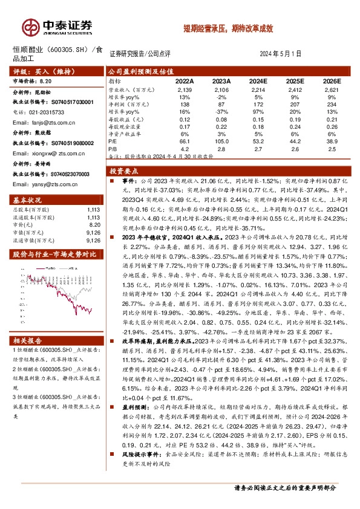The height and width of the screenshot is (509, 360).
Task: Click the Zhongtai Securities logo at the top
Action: (x=57, y=26)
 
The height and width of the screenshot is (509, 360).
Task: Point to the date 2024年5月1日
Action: (x=281, y=53)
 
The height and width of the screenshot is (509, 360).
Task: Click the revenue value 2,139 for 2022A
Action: (x=185, y=89)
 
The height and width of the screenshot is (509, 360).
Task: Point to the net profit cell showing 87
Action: (x=221, y=105)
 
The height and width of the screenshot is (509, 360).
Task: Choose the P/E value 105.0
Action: (x=221, y=140)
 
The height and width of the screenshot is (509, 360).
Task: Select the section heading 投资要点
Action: (x=124, y=171)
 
